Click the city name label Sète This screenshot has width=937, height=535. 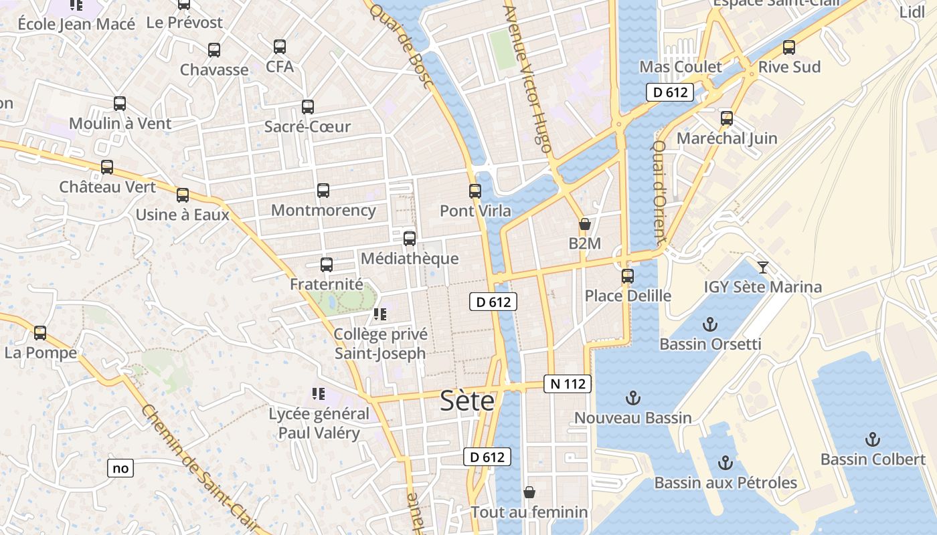tap(467, 401)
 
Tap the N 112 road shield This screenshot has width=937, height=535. tap(568, 384)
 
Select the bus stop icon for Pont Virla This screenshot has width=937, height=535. tap(475, 191)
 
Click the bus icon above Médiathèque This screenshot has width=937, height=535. tap(410, 239)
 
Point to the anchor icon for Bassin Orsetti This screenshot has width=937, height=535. tap(709, 325)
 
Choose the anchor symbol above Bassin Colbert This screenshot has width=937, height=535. tap(872, 439)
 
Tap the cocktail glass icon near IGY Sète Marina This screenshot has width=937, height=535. tap(763, 267)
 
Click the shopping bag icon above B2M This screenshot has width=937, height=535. tap(585, 224)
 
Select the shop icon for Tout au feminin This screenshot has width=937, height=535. tap(529, 493)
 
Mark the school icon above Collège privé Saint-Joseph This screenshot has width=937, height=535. tap(380, 314)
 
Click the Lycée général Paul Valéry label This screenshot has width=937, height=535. tap(319, 423)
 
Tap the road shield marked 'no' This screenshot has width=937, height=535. tap(120, 468)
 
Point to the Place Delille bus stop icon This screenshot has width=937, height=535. tap(628, 276)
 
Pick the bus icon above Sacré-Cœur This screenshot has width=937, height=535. tap(308, 107)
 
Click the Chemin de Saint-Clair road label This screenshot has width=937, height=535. tap(194, 468)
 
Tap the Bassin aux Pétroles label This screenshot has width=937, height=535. tap(726, 483)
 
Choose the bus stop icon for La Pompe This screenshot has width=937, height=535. tap(40, 333)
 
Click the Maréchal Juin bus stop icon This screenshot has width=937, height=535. tap(727, 119)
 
